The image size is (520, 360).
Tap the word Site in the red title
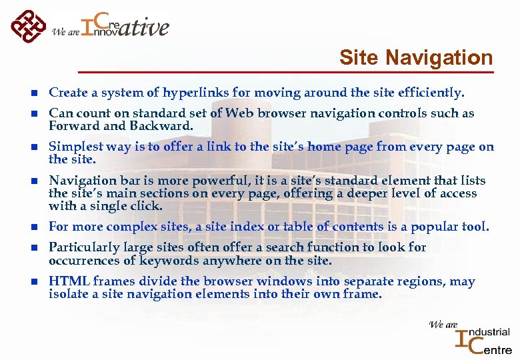(357, 58)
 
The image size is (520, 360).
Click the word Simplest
(75, 147)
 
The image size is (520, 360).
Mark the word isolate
(67, 294)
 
